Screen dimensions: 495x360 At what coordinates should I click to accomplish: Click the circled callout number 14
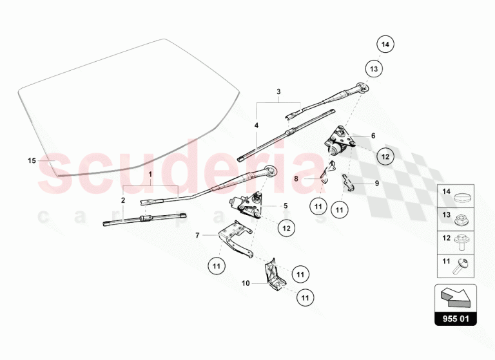point(385,44)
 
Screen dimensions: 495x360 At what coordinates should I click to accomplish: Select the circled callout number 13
point(374,69)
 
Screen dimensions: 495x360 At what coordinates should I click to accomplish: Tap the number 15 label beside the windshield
point(32,160)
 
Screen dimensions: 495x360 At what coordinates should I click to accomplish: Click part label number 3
point(278,92)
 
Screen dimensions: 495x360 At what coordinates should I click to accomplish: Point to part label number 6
point(373,136)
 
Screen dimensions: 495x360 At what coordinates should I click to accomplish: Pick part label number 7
point(197,235)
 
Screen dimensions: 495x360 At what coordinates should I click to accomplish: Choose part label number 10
point(246,283)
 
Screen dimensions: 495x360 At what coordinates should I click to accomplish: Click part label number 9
point(377,184)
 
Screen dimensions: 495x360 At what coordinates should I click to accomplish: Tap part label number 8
point(296,179)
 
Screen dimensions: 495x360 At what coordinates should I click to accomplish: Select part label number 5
point(286,206)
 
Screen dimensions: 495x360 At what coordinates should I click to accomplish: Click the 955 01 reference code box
point(456,319)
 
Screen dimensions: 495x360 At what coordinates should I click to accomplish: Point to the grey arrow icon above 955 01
point(456,297)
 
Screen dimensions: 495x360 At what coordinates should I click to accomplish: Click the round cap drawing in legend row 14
point(462,198)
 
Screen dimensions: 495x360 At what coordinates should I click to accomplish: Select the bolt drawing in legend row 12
point(461,242)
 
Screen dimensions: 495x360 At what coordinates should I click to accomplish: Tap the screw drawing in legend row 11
point(461,265)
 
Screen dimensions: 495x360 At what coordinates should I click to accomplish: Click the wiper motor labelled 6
point(340,141)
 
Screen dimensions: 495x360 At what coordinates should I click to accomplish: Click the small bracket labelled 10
point(275,275)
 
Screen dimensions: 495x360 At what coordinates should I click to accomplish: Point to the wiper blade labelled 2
point(144,219)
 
